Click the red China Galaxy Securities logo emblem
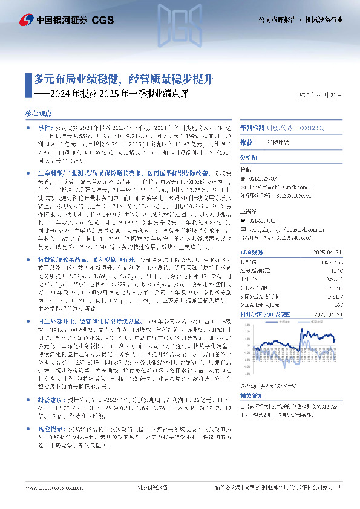point(25,20)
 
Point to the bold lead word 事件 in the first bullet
point(44,128)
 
